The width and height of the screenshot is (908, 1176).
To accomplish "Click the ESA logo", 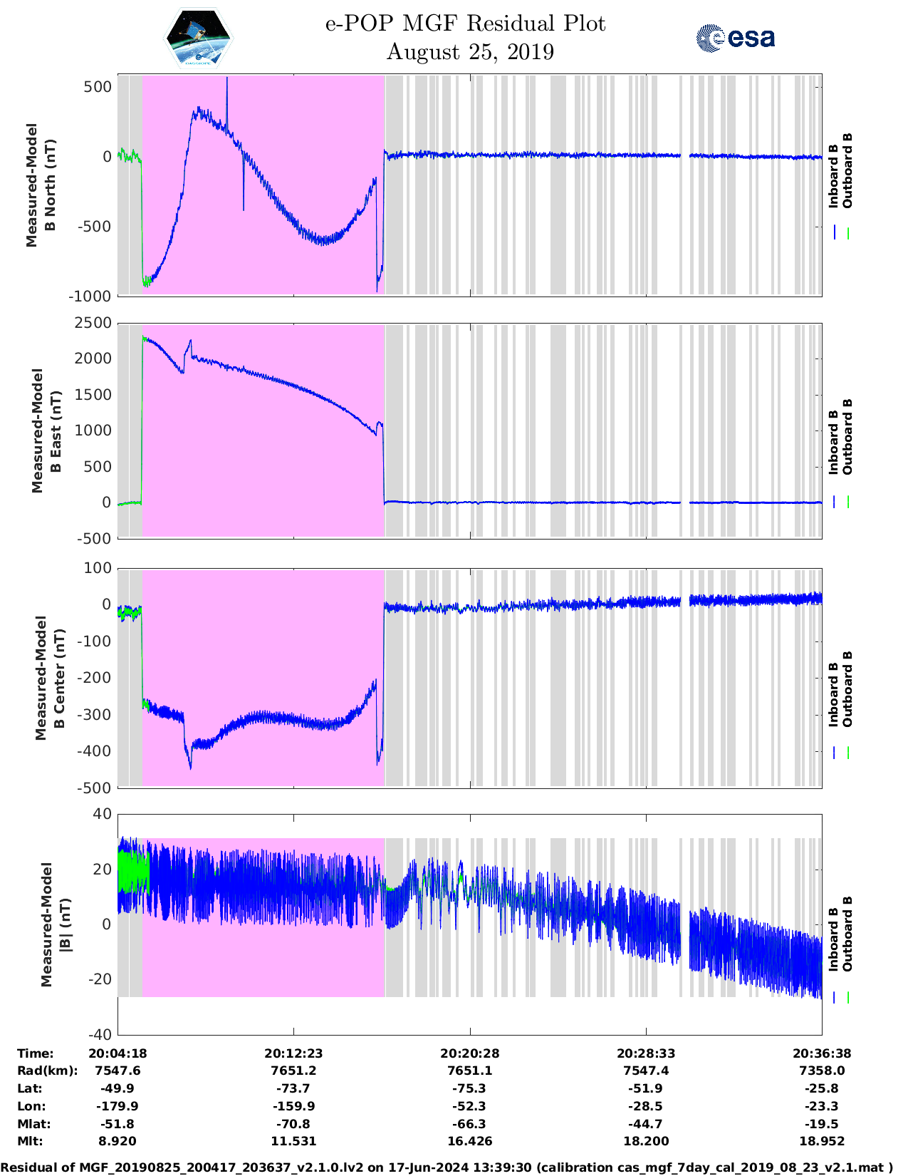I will click(735, 38).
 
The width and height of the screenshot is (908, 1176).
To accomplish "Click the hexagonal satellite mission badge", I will click(198, 38).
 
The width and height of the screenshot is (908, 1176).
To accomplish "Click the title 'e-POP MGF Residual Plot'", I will click(465, 24).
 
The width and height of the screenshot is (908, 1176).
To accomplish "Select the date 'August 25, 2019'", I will click(470, 52).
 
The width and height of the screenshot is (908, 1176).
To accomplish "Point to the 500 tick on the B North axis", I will click(98, 87).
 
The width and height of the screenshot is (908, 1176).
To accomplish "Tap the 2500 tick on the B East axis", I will click(93, 323).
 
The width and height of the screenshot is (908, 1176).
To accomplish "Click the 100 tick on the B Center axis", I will click(98, 568).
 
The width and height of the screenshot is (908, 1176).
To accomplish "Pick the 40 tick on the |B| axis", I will click(102, 814).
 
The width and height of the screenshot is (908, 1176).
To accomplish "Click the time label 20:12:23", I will click(293, 1053).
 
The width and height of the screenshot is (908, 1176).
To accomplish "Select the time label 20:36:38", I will click(822, 1053).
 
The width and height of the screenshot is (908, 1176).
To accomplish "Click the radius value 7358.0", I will click(822, 1071).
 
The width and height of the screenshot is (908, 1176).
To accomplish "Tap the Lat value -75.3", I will click(469, 1088).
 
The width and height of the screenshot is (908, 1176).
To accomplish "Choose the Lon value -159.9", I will click(293, 1106).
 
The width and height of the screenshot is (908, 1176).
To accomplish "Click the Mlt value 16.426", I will click(469, 1141).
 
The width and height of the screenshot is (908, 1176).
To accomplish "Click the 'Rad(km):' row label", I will click(47, 1071).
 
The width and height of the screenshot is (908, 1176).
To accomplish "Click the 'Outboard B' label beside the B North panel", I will click(847, 171).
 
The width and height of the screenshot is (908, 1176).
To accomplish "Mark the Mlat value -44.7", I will click(646, 1124).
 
